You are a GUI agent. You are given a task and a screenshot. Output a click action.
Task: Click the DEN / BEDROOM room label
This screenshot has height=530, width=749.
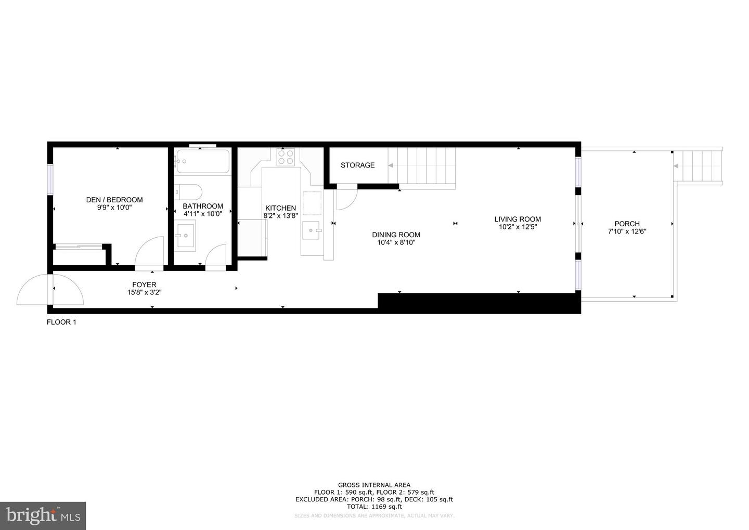click(x=114, y=200)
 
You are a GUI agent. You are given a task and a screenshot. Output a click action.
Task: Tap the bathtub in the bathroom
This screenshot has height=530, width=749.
click(x=202, y=161)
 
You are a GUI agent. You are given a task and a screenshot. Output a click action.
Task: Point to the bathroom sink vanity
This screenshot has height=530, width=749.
click(x=184, y=235)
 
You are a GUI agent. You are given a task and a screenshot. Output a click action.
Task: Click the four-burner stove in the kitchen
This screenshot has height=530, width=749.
click(x=286, y=157)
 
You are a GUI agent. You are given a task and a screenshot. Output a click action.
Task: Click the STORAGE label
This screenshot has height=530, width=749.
click(x=357, y=165)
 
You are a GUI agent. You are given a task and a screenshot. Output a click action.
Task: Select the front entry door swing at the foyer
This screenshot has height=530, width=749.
click(x=50, y=290)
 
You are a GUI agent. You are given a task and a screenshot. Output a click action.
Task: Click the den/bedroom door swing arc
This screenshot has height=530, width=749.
click(x=150, y=253)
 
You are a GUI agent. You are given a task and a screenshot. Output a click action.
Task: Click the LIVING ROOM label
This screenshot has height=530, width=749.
click(x=518, y=219)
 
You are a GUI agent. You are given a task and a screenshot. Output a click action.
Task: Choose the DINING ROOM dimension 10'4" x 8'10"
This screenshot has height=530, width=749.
click(x=396, y=242)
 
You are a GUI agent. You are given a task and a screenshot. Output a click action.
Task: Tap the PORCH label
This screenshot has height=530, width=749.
click(x=627, y=224)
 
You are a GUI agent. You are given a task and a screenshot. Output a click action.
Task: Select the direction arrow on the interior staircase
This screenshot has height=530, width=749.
click(x=391, y=165)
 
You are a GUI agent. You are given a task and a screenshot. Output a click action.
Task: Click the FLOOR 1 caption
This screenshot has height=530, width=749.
click(x=61, y=322)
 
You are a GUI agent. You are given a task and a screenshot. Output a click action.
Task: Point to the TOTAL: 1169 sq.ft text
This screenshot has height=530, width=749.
click(x=374, y=507)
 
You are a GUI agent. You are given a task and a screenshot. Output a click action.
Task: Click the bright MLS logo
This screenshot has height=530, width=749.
click(x=43, y=516)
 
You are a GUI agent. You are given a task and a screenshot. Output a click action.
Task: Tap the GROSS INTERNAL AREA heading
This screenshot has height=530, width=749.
click(x=374, y=485)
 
